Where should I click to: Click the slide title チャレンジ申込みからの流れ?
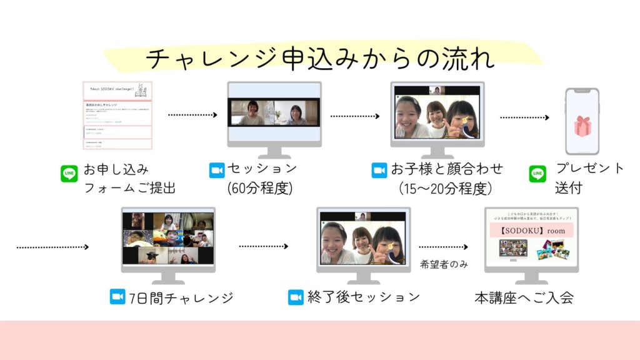[320, 59]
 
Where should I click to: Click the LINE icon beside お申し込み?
[69, 173]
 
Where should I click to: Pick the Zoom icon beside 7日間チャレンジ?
[117, 297]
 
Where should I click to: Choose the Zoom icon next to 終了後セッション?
[296, 297]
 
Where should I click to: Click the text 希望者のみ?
[444, 265]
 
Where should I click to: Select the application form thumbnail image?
[117, 116]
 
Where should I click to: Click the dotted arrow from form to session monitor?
[192, 115]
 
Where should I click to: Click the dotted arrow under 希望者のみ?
[444, 247]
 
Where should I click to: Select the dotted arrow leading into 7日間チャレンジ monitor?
[52, 247]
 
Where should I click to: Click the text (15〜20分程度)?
[445, 188]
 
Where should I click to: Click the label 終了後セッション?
[363, 297]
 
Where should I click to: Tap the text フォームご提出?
[129, 187]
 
